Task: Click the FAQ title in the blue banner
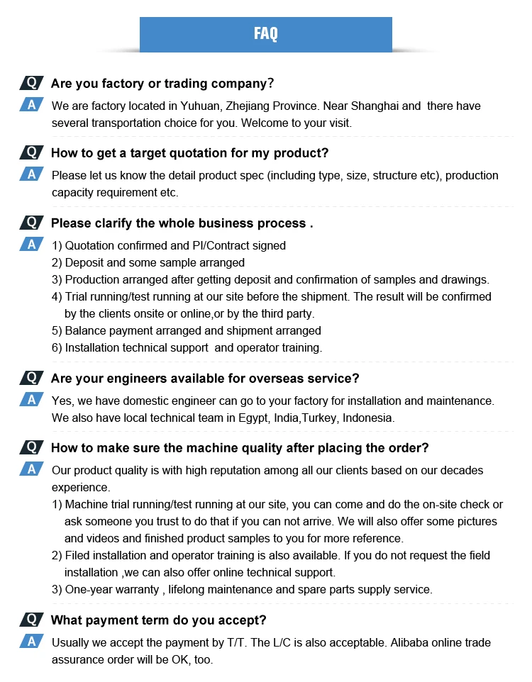(265, 34)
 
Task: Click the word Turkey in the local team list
(320, 418)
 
